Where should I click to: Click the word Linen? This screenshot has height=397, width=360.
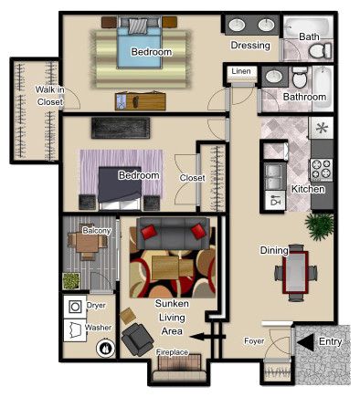click(x=241, y=71)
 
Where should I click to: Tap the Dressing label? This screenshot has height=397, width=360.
click(x=250, y=46)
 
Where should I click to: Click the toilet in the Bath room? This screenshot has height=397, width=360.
click(x=320, y=50)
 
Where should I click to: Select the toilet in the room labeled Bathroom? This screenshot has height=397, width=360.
click(x=300, y=77)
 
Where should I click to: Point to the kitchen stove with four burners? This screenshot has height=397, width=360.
click(x=321, y=170)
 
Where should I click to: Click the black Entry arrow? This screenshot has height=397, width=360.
click(x=305, y=342)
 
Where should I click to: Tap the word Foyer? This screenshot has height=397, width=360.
click(x=254, y=341)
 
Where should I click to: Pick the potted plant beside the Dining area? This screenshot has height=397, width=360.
click(x=320, y=226)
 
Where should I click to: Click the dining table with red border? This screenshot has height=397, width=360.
click(x=295, y=272)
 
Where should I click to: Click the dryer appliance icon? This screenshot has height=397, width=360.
click(x=75, y=307)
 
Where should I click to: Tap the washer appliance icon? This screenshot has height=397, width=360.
click(x=75, y=330)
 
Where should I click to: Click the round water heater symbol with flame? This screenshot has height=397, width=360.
click(x=106, y=348)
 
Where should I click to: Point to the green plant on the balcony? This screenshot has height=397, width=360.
click(x=71, y=281)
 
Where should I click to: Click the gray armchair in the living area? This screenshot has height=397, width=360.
click(x=137, y=340)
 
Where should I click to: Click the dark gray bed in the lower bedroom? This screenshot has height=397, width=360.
click(x=120, y=188)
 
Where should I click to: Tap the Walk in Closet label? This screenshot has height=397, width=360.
click(x=49, y=96)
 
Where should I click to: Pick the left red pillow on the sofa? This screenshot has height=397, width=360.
click(x=149, y=232)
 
